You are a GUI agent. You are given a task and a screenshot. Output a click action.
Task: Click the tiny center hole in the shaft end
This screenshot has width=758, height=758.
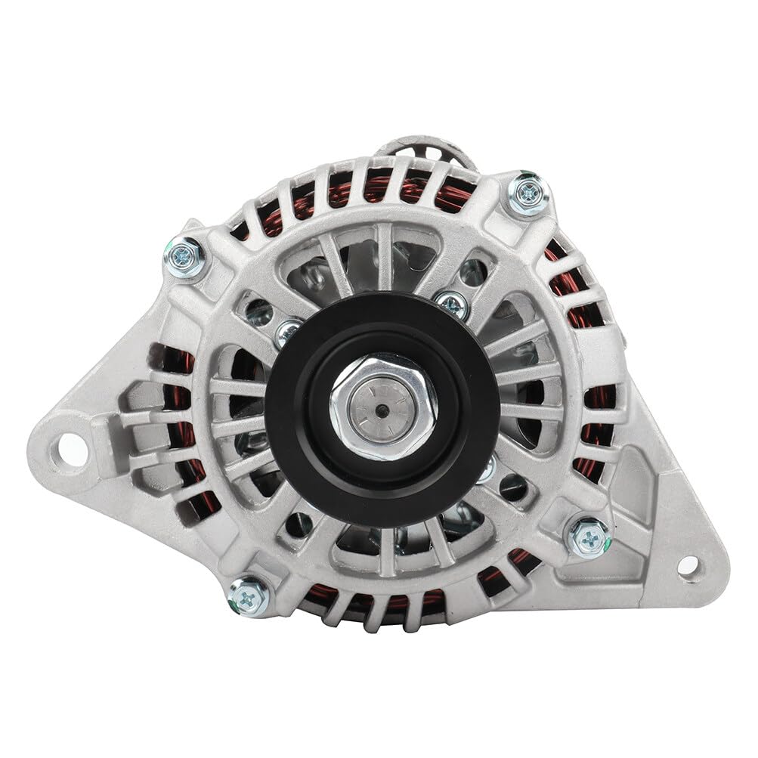[x=383, y=410]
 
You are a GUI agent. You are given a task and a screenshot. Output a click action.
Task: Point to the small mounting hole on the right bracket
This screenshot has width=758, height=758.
[x=688, y=565]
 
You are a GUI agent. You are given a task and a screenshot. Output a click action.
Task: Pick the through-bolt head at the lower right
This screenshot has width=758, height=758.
[x=588, y=537]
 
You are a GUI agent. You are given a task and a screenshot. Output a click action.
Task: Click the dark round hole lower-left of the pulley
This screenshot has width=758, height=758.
[x=299, y=521]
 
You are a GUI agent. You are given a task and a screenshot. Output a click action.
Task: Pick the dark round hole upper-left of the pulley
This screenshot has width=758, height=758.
[x=258, y=310]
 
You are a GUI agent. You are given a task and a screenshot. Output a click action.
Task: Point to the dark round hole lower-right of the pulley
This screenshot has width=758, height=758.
[x=513, y=487]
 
